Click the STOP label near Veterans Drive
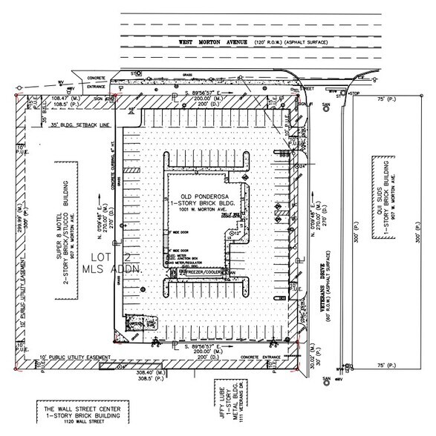tap(354, 95)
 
